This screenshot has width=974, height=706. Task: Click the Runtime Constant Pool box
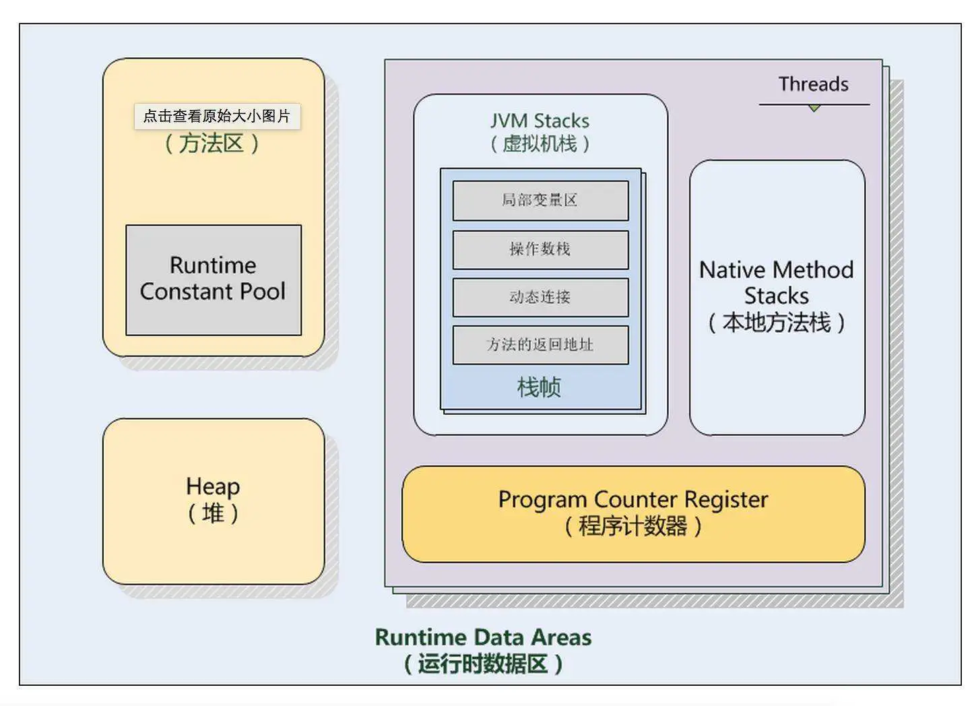click(213, 279)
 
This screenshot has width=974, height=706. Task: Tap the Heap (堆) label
click(213, 499)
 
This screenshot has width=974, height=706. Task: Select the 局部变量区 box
click(540, 200)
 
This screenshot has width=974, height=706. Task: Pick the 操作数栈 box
click(540, 249)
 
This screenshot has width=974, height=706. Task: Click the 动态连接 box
click(540, 297)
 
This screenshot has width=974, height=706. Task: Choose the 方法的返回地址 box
click(540, 345)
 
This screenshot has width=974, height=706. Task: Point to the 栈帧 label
click(539, 387)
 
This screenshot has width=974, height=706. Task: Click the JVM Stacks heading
click(540, 121)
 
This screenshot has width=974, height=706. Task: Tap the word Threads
click(813, 84)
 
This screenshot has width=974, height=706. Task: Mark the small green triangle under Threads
click(814, 108)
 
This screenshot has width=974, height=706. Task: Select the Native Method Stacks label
click(776, 283)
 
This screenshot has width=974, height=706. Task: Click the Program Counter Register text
click(632, 500)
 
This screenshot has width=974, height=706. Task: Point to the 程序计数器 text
click(632, 526)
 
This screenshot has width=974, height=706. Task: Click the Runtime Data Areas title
click(483, 637)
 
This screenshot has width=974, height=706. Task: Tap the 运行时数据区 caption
click(483, 664)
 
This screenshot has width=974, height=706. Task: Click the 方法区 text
click(212, 143)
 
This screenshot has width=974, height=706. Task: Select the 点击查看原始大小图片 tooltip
click(217, 116)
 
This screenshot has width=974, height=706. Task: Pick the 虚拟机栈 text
click(540, 143)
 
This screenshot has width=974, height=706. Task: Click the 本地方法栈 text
click(776, 323)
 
